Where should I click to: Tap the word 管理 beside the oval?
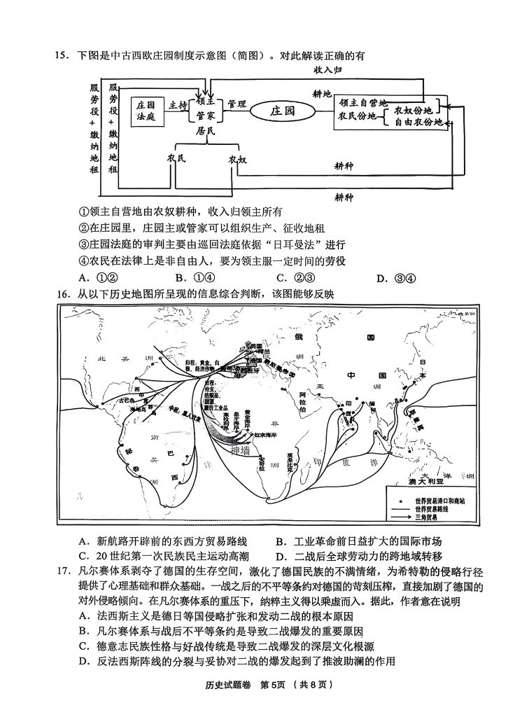click(x=237, y=104)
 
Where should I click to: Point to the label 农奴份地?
click(x=412, y=111)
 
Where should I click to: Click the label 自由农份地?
click(x=417, y=123)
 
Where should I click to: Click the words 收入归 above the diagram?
click(x=327, y=70)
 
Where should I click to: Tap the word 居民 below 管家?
click(x=206, y=130)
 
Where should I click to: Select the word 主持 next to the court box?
click(x=179, y=105)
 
